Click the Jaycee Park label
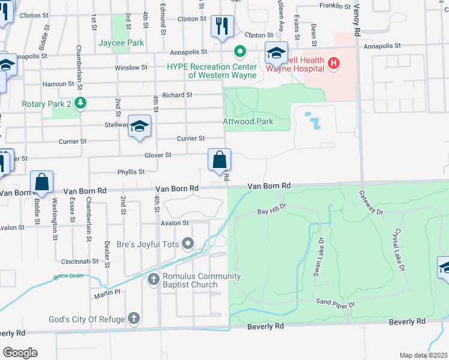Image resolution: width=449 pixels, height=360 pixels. click(121, 43)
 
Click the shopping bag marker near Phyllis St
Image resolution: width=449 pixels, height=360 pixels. click(220, 160)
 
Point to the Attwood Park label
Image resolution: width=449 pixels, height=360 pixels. click(248, 121)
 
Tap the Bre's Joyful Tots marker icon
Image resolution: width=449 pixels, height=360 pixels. click(188, 243)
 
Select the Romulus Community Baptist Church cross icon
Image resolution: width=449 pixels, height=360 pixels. click(154, 279)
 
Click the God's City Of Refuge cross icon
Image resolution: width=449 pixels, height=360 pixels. click(133, 319)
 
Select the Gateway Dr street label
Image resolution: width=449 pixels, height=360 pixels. click(370, 203)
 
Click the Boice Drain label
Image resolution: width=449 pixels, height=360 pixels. click(68, 276)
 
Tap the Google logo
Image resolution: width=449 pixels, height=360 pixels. click(20, 353)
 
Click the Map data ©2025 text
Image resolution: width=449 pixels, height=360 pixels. click(423, 355)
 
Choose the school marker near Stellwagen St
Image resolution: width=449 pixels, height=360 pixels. click(139, 126)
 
